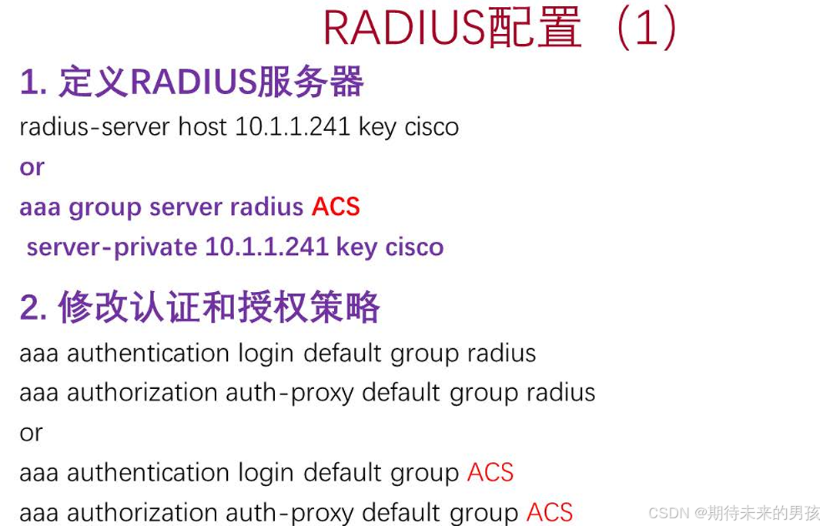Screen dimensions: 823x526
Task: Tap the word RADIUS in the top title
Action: click(403, 29)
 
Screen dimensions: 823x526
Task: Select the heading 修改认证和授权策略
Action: click(219, 308)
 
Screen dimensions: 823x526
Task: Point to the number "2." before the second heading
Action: click(34, 308)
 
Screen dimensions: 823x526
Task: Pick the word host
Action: click(202, 126)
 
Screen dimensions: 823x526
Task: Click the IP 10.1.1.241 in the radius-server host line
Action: click(293, 126)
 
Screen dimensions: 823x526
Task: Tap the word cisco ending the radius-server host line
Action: click(431, 126)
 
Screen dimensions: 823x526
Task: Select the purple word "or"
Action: click(32, 167)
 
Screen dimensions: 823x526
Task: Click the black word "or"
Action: click(31, 433)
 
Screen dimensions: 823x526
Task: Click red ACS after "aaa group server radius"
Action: click(336, 207)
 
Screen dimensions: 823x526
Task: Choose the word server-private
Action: click(112, 247)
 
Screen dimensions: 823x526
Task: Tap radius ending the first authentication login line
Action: click(501, 353)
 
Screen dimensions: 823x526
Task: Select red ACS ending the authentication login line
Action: click(490, 473)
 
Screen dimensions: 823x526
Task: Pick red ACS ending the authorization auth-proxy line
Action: click(550, 512)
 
